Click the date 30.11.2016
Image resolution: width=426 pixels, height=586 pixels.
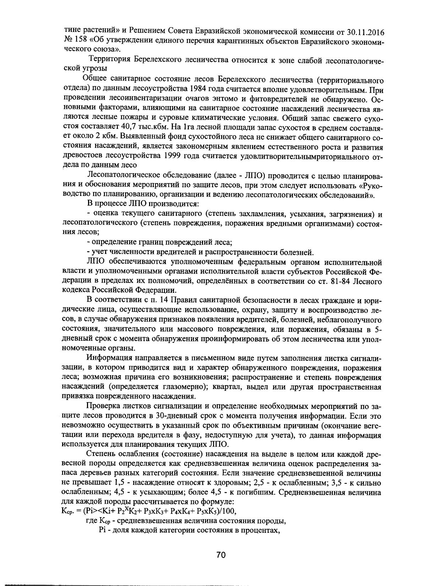[366, 33]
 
